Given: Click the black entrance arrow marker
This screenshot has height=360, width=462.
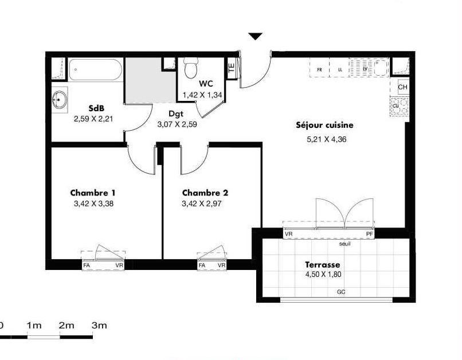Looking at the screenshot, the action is click(x=255, y=36).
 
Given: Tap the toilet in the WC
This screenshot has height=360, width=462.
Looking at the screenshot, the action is click(x=191, y=68).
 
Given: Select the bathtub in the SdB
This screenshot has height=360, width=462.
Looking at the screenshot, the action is click(x=96, y=69).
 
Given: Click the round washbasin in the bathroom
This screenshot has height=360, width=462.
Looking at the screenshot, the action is click(x=60, y=100).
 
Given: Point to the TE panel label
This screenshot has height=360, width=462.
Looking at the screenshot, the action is click(x=232, y=68).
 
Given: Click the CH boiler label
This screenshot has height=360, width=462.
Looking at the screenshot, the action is click(x=402, y=87).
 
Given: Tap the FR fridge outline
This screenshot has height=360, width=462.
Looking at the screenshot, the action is click(x=319, y=68).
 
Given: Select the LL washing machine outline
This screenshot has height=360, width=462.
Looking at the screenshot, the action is click(x=339, y=68).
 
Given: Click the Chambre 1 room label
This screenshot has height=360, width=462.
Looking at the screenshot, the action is click(x=93, y=193).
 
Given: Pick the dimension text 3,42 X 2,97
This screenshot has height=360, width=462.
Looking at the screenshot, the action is click(x=202, y=204).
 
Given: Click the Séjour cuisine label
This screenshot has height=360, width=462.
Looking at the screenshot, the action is click(x=324, y=125).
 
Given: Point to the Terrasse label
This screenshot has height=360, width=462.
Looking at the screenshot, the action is click(x=322, y=264).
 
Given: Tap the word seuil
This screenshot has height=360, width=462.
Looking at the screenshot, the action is click(x=344, y=244).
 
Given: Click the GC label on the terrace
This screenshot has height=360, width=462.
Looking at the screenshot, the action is click(x=341, y=292).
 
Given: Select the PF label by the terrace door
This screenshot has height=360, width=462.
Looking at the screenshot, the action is click(x=370, y=234).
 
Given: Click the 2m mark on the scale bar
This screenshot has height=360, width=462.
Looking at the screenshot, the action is click(x=66, y=326).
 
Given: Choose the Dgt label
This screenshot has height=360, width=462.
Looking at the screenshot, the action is click(x=176, y=114).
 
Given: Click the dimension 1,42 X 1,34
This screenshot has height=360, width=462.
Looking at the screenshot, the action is click(x=202, y=95).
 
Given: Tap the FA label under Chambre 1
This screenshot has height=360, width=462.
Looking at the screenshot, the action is click(x=87, y=265).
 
